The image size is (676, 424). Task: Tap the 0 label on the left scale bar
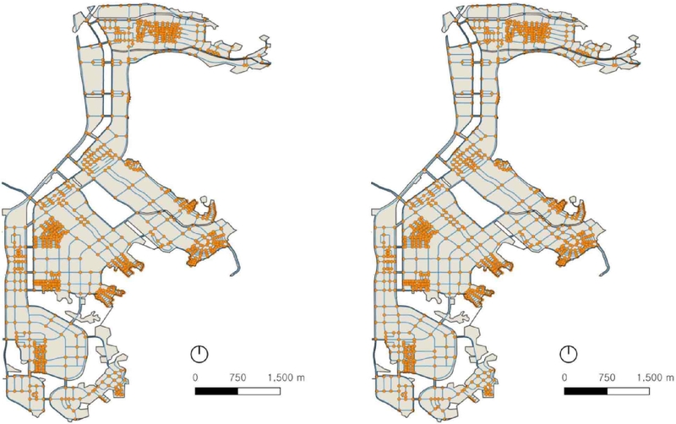coord(196,377)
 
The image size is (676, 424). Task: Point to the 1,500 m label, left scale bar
coord(286,377)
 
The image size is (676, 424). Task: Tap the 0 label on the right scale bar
coord(564,377)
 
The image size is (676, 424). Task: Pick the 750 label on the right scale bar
coord(606,377)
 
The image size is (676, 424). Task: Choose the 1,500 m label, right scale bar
coord(655,377)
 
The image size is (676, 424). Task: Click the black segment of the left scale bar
coord(216,392)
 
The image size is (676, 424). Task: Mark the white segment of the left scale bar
coord(258,392)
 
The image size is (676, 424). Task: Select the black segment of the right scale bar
coord(585,392)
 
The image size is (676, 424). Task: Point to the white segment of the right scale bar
coord(626,392)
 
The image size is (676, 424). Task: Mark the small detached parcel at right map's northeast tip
coord(633,38)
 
